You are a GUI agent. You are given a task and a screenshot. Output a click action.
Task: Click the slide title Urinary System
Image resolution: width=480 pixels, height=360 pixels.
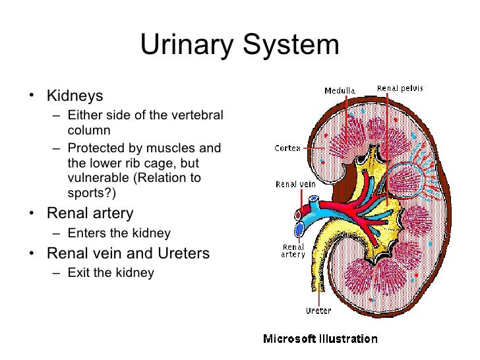239,46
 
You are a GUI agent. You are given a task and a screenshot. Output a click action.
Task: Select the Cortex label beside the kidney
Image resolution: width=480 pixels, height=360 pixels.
287,148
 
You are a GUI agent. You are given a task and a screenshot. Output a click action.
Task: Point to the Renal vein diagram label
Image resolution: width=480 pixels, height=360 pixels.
292,185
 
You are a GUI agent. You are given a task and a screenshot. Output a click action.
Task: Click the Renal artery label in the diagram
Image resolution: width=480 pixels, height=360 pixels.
291,250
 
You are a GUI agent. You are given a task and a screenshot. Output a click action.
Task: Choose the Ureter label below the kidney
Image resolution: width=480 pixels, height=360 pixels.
318,311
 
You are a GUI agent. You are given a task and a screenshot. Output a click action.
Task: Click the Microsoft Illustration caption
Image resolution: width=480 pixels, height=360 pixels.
320,340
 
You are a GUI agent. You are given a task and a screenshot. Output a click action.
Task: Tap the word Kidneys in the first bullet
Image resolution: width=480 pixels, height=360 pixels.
75,96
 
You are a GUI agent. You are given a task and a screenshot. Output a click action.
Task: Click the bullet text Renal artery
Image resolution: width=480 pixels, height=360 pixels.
90,214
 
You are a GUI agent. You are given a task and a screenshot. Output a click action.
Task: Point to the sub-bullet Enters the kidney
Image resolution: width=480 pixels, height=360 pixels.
119,233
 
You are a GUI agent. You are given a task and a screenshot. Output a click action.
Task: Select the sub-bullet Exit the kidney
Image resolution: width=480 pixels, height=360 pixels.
110,272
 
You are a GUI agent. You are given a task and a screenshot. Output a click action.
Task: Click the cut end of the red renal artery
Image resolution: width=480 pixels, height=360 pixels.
299,214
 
